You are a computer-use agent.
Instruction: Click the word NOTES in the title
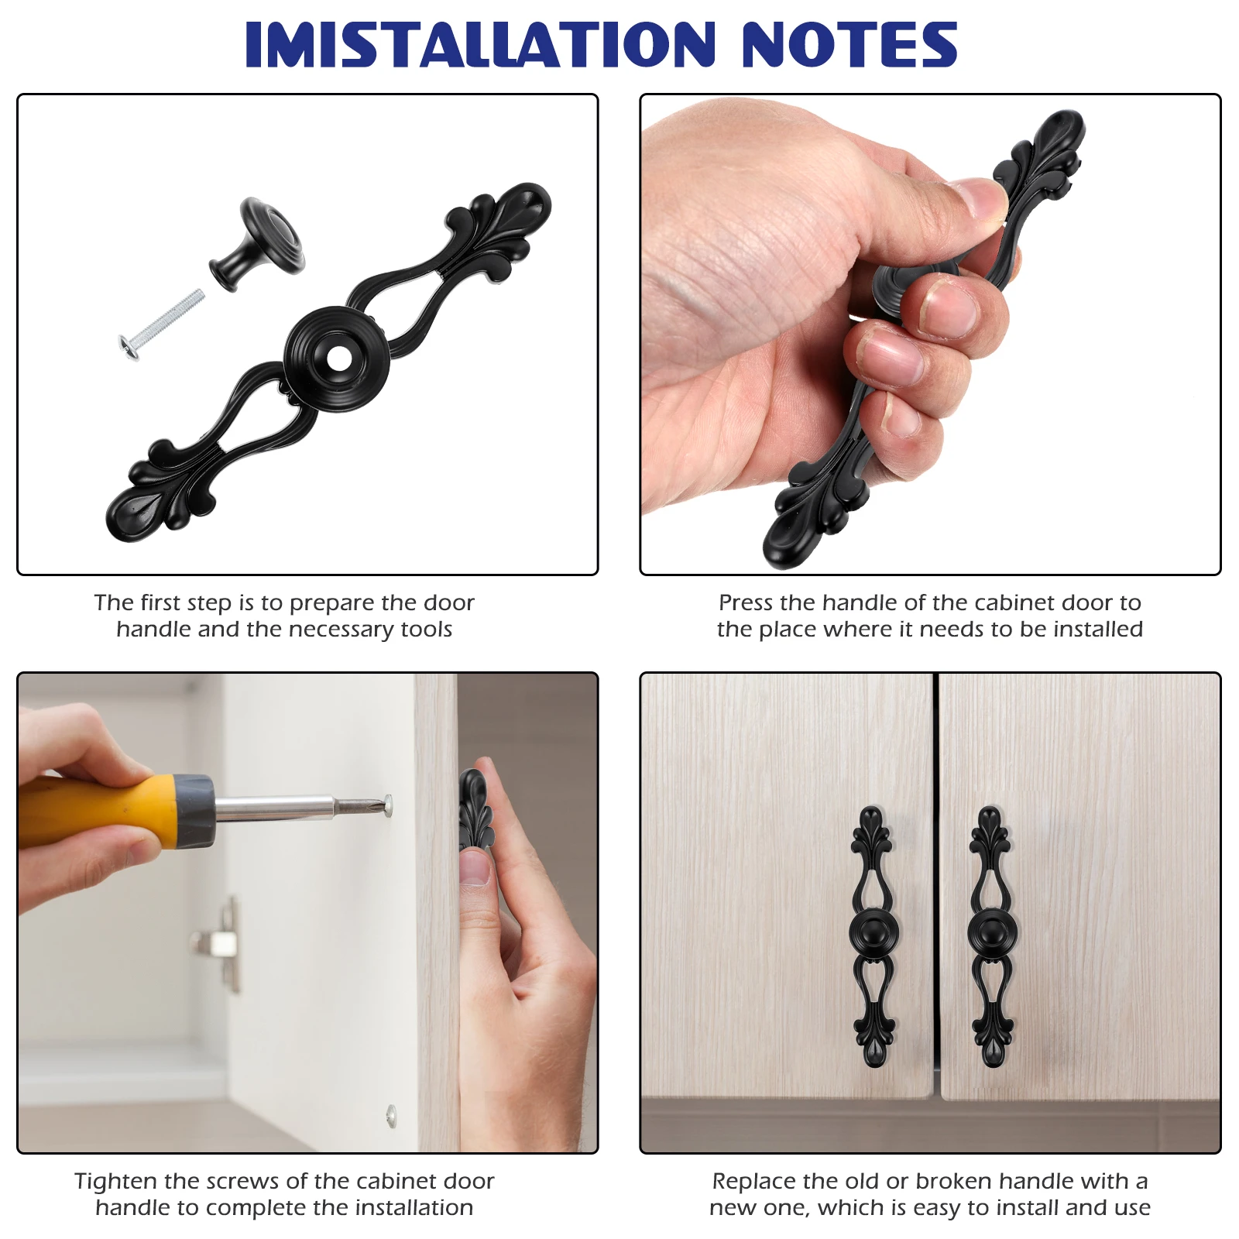849,44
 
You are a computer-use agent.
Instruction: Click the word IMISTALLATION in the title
480,44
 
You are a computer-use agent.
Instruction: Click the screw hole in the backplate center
338,358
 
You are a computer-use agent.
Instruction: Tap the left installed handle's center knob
873,932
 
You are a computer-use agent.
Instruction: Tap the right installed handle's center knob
992,932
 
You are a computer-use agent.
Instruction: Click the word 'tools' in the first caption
427,629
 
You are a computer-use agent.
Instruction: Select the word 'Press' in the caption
746,602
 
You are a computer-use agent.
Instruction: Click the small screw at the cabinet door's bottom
391,1115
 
